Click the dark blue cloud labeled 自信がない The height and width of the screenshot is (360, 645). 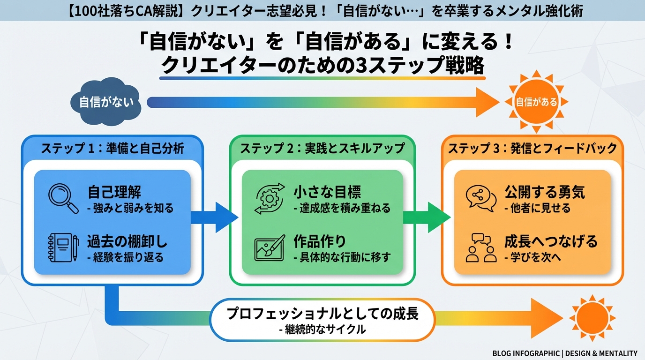(106, 102)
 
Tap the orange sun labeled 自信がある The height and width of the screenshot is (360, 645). (536, 102)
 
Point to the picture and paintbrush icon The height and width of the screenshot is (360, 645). (270, 247)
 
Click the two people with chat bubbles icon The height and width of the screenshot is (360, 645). (481, 247)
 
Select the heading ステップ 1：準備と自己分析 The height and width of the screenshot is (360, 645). (112, 149)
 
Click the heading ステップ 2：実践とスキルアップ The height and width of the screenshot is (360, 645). (322, 149)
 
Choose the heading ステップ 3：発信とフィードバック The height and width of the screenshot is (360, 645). (532, 149)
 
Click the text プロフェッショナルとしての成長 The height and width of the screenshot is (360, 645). (322, 314)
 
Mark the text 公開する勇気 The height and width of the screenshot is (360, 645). (545, 192)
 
